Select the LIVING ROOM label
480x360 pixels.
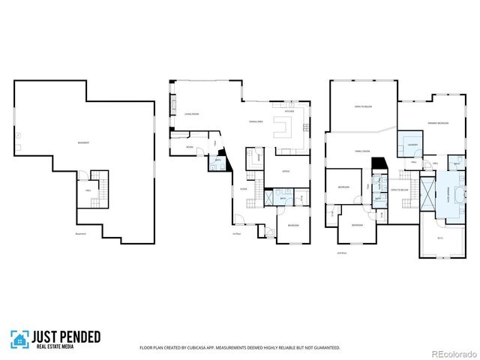pos(191,114)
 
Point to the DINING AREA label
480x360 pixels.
pos(256,121)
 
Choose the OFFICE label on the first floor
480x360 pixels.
pos(286,171)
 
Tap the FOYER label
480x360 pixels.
pos(244,189)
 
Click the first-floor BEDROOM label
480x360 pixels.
pos(293,225)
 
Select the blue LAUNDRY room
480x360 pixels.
pos(412,143)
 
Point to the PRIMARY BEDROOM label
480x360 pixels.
pos(438,122)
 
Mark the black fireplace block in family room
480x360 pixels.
pos(379,163)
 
